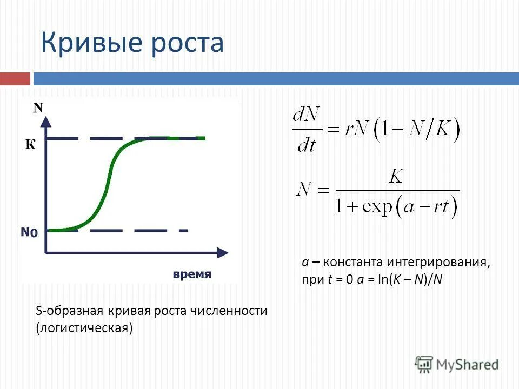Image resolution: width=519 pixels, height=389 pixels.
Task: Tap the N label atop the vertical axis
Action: (38, 108)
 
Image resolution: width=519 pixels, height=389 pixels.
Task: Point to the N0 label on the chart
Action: (30, 233)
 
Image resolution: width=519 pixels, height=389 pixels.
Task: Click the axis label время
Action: (192, 274)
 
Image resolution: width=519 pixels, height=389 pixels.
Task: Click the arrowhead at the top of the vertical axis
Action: (47, 121)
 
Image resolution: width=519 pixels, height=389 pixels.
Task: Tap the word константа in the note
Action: (353, 263)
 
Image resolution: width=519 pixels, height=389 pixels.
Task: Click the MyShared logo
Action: (457, 364)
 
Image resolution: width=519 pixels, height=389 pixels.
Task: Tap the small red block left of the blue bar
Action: (15, 79)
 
